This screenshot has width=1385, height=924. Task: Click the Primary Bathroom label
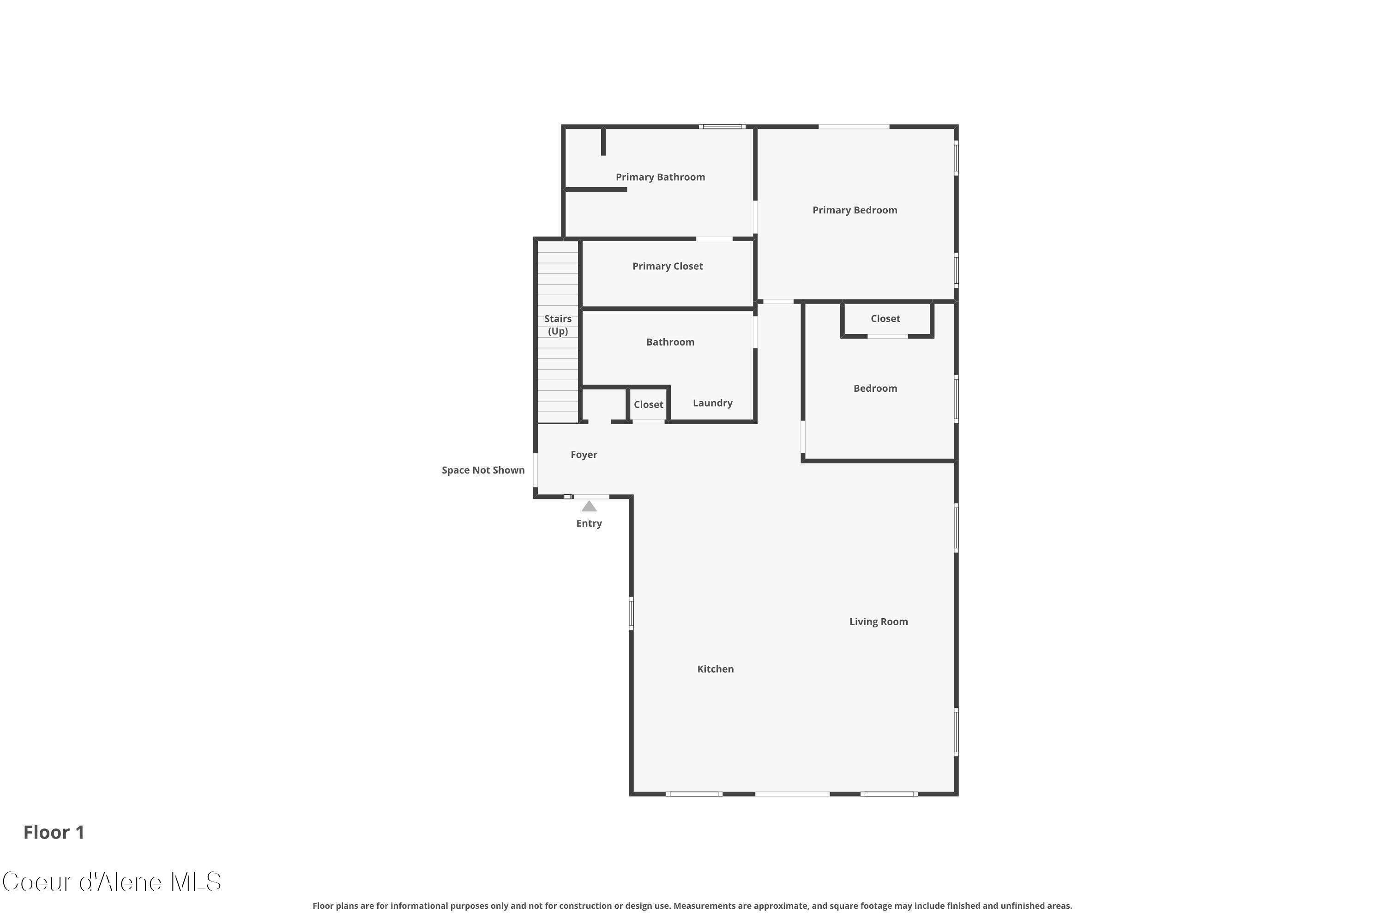660,177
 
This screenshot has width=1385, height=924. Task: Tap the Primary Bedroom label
855,210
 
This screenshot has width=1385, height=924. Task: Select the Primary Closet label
667,267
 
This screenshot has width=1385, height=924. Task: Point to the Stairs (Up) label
558,325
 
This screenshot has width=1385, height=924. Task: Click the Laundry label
712,403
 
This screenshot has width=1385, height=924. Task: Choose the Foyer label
584,455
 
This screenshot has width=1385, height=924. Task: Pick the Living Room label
878,622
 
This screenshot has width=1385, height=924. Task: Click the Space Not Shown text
483,470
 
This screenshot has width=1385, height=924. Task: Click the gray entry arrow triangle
589,507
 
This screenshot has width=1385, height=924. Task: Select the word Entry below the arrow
589,524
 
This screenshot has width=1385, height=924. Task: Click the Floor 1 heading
54,833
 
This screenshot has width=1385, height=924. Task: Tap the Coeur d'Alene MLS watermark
112,882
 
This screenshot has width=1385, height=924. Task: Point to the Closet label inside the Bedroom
885,319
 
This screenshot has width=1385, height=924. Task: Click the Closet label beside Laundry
648,405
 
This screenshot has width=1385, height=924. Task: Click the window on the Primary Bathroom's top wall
722,127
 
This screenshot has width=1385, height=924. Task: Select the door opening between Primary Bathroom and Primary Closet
714,239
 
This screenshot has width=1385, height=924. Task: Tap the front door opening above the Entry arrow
591,497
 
